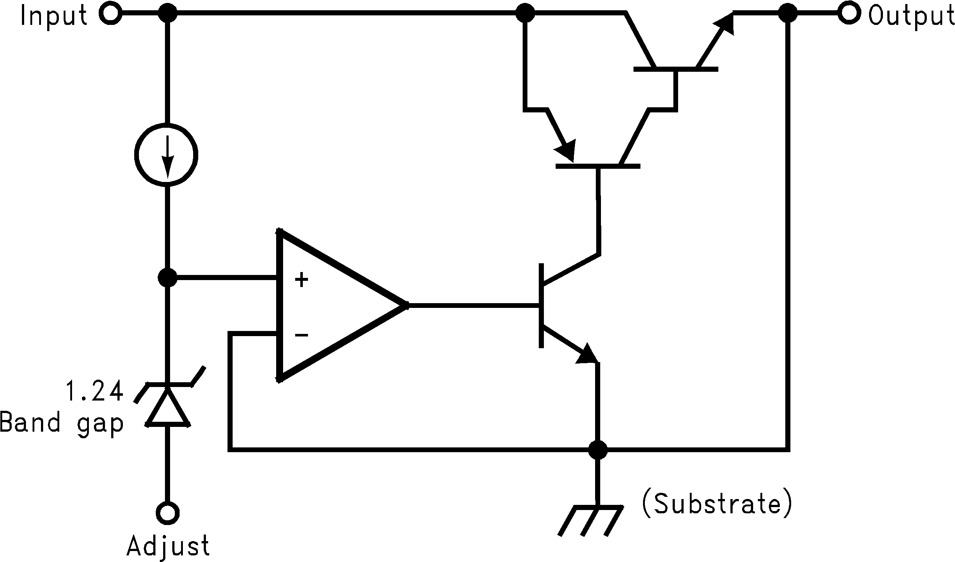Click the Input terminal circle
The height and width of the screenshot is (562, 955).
tap(110, 14)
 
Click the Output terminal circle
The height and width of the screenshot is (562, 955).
tap(848, 14)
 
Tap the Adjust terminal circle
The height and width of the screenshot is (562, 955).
tap(168, 513)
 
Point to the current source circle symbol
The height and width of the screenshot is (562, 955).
tap(166, 155)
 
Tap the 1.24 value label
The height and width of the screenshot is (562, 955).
tap(95, 391)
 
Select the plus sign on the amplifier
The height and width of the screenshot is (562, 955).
tap(301, 280)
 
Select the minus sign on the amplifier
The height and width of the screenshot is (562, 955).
tap(301, 335)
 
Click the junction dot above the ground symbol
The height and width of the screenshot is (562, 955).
tap(598, 450)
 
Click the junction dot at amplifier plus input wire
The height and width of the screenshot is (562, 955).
tap(167, 278)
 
